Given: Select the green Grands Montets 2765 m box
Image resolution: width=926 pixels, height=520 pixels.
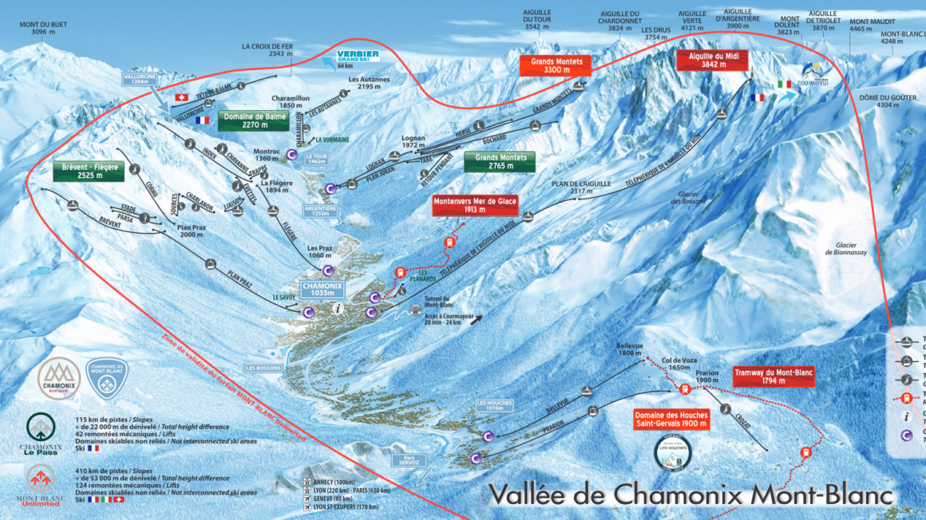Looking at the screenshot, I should coord(501,163).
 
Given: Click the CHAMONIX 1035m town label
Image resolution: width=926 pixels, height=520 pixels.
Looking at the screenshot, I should coord(322,289).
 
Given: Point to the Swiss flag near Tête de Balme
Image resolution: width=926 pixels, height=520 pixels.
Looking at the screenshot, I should coord(180,97).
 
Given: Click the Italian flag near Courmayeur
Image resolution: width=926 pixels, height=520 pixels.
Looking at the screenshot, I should coord(784,84).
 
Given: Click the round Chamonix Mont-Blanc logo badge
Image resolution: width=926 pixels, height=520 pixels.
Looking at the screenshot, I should coord(59,378).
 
